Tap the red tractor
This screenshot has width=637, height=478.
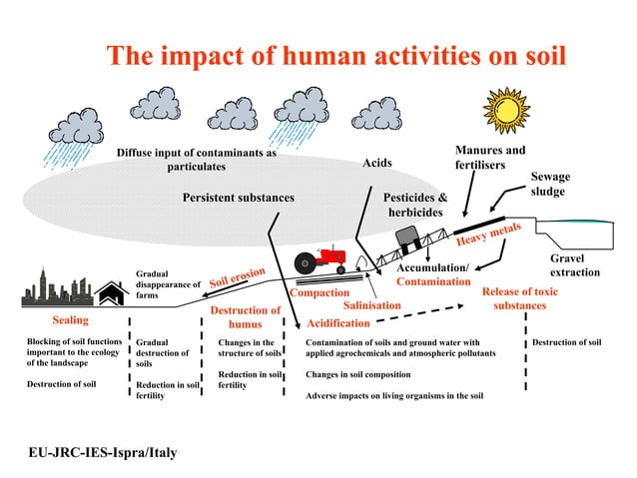coord(320,260)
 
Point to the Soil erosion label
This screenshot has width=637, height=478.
coord(237,278)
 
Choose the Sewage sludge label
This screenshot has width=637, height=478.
coord(549,184)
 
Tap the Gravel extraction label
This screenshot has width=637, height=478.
coord(574,264)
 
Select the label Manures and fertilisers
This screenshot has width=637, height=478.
coord(489,157)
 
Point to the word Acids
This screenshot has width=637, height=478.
coord(376,163)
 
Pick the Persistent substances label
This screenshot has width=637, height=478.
coord(238,198)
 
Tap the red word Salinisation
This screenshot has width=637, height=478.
coord(371,305)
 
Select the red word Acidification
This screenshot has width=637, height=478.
coord(337,323)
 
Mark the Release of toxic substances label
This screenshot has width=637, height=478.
coord(519,298)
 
